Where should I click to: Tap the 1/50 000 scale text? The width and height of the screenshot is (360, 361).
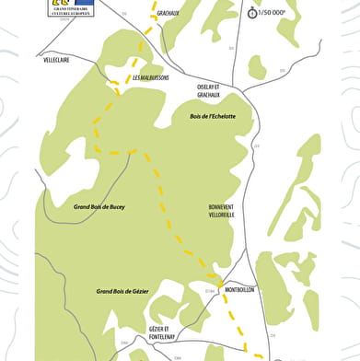(x=273, y=13)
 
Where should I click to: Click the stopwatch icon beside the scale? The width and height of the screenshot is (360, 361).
(x=252, y=12)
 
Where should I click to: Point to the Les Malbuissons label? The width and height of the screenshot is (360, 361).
(x=150, y=77)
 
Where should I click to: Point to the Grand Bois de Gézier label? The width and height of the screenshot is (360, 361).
(x=122, y=291)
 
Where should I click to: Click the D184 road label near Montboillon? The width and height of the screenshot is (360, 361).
(x=209, y=291)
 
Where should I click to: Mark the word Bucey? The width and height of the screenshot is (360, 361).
(x=115, y=207)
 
